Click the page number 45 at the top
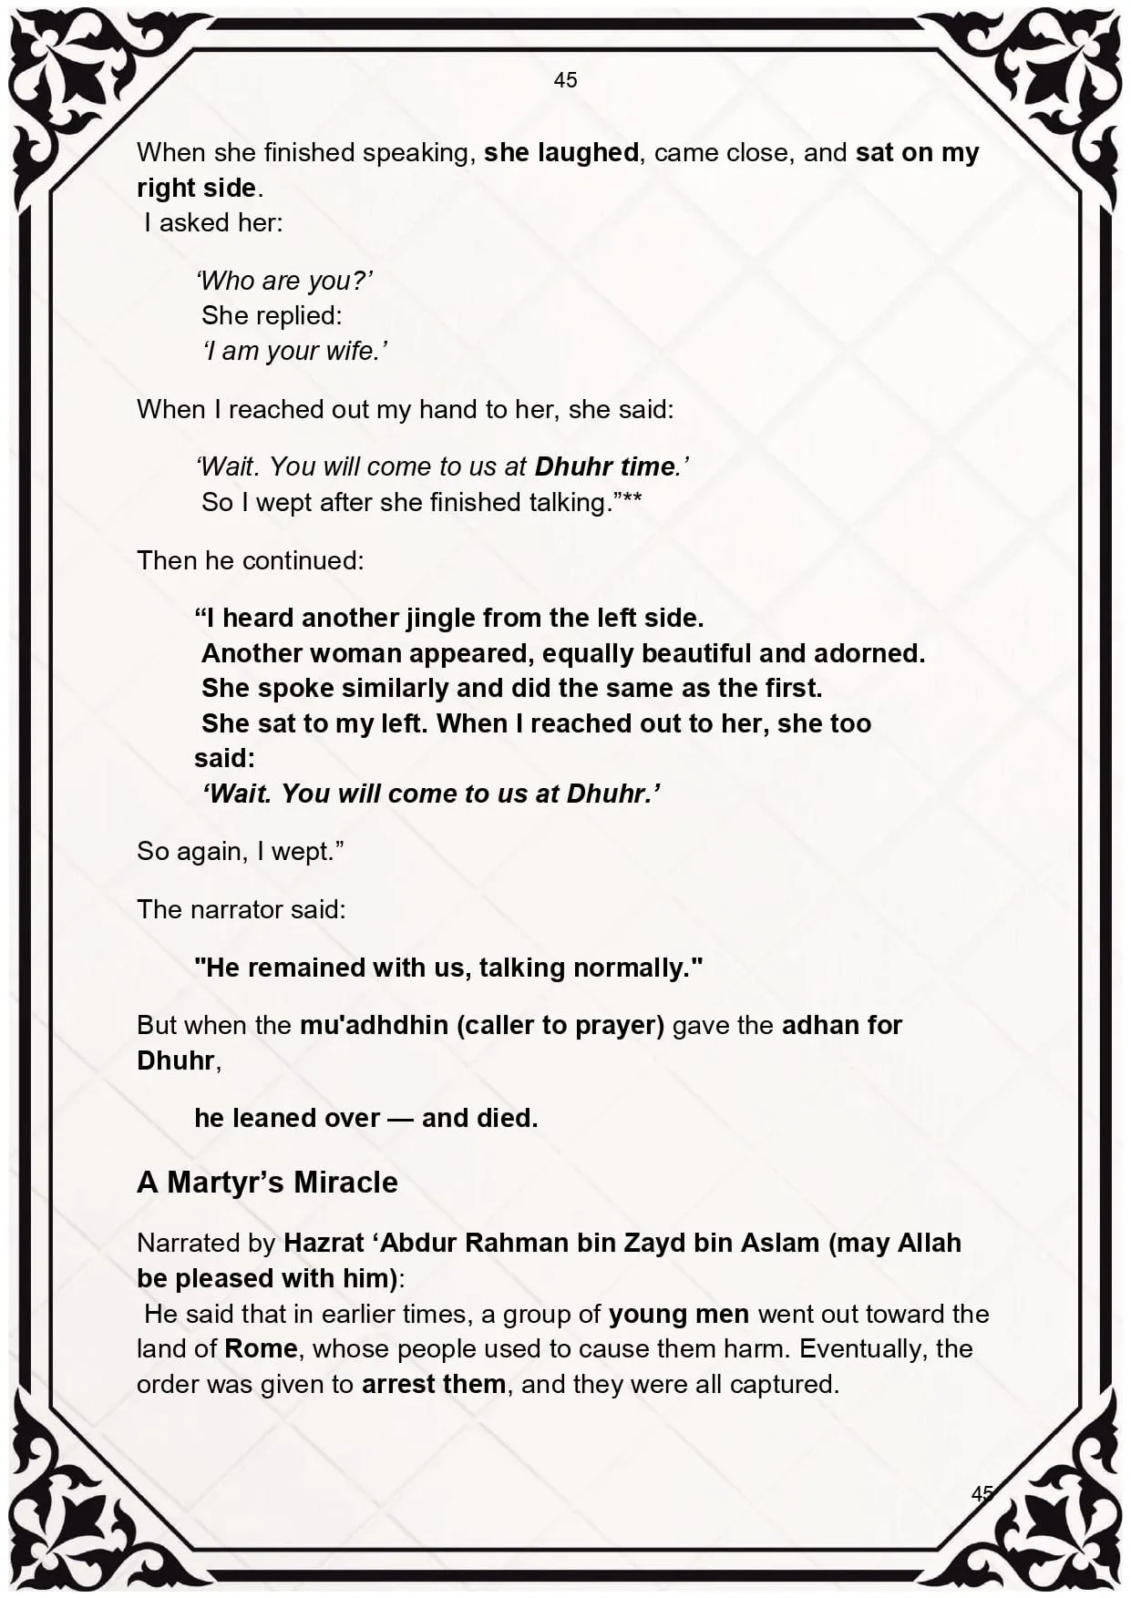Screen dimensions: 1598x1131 pos(565,80)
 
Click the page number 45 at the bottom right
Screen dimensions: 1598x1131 pos(982,1493)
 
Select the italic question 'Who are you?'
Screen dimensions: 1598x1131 pos(284,281)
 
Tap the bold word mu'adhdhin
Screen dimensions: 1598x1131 pos(374,1025)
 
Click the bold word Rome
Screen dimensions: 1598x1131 pos(261,1348)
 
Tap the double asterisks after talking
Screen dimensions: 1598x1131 pos(632,500)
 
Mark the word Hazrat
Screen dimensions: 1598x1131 pos(320,1243)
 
